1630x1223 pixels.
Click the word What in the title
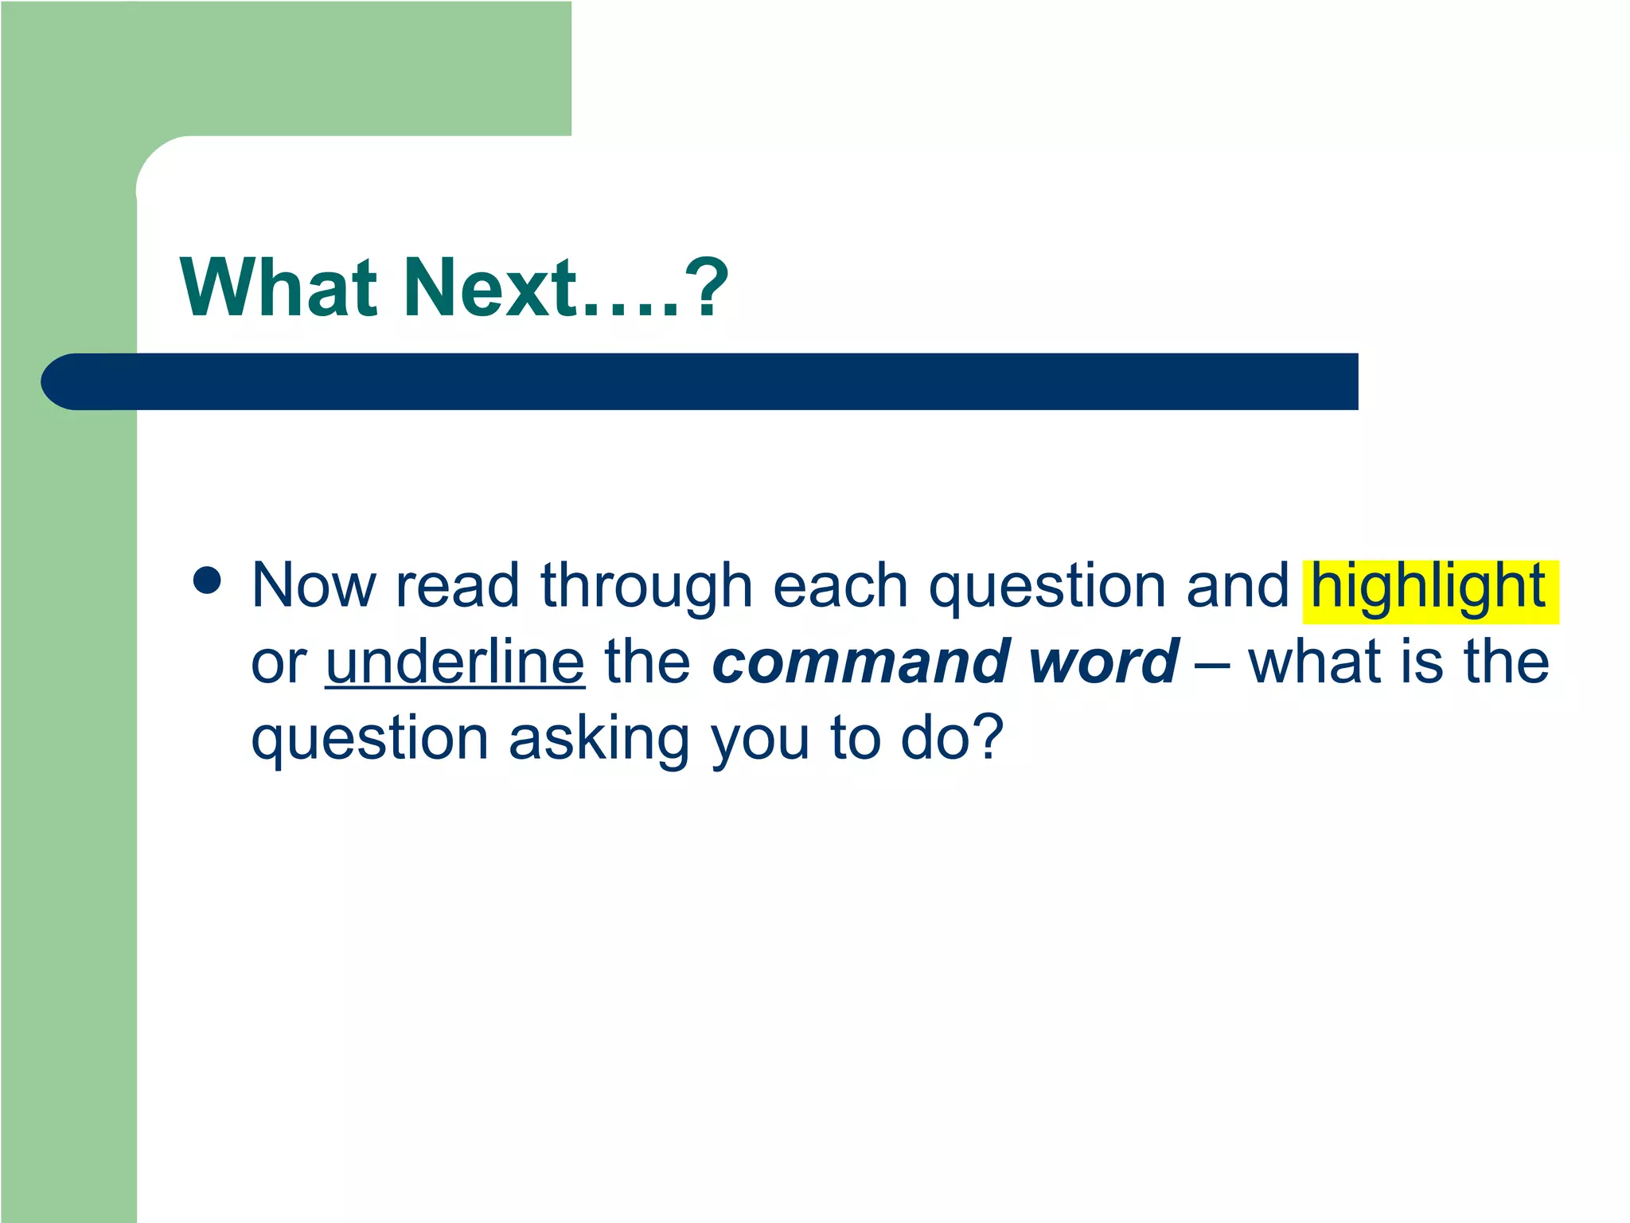279,287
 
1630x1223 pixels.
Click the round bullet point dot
207,580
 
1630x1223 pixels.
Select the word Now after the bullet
314,586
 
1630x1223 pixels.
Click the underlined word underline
455,662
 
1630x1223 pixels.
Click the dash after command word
1211,664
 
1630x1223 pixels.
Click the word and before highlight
1238,586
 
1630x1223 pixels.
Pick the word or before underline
279,664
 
